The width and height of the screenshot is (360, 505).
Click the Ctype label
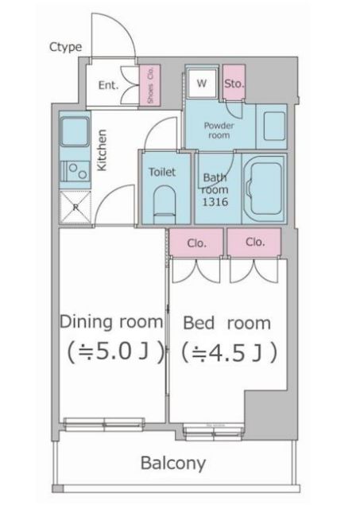[65, 48]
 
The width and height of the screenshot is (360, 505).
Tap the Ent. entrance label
[108, 85]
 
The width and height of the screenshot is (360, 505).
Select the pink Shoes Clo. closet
[149, 85]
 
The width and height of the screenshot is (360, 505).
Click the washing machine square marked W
[202, 83]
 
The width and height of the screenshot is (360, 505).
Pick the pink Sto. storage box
[234, 82]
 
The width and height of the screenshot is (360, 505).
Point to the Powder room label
[219, 130]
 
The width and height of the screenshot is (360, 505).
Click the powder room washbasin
[274, 126]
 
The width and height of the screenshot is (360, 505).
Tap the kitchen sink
[75, 132]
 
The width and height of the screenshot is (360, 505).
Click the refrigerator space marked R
[75, 207]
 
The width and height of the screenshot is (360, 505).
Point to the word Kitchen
[102, 150]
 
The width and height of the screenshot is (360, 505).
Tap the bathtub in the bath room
[264, 188]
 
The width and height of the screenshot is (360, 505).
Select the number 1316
[215, 202]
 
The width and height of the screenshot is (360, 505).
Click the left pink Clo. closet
[196, 243]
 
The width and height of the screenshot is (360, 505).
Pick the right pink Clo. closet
[254, 243]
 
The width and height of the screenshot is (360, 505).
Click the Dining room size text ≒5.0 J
[115, 352]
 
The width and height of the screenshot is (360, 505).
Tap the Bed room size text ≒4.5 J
[229, 352]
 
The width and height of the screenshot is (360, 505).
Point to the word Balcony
[173, 463]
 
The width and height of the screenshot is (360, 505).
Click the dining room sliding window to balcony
[104, 424]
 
